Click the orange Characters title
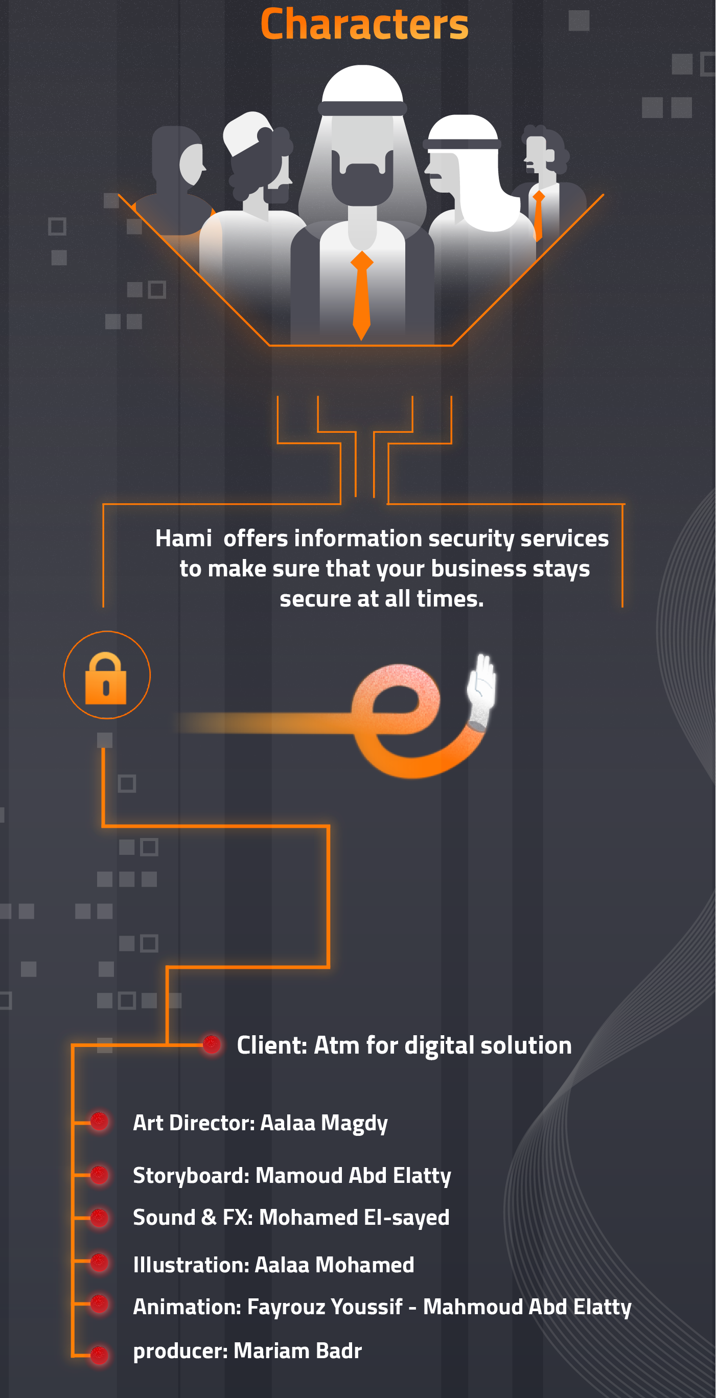point(364,25)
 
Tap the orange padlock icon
point(106,679)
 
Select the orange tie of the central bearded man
point(361,296)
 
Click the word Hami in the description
point(183,539)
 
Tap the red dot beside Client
point(211,1044)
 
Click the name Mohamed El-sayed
point(354,1218)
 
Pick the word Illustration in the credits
point(191,1265)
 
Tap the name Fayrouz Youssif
point(325,1307)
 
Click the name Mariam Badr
point(297,1351)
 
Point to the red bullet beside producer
point(99,1355)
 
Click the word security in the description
point(471,539)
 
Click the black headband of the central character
point(362,108)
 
